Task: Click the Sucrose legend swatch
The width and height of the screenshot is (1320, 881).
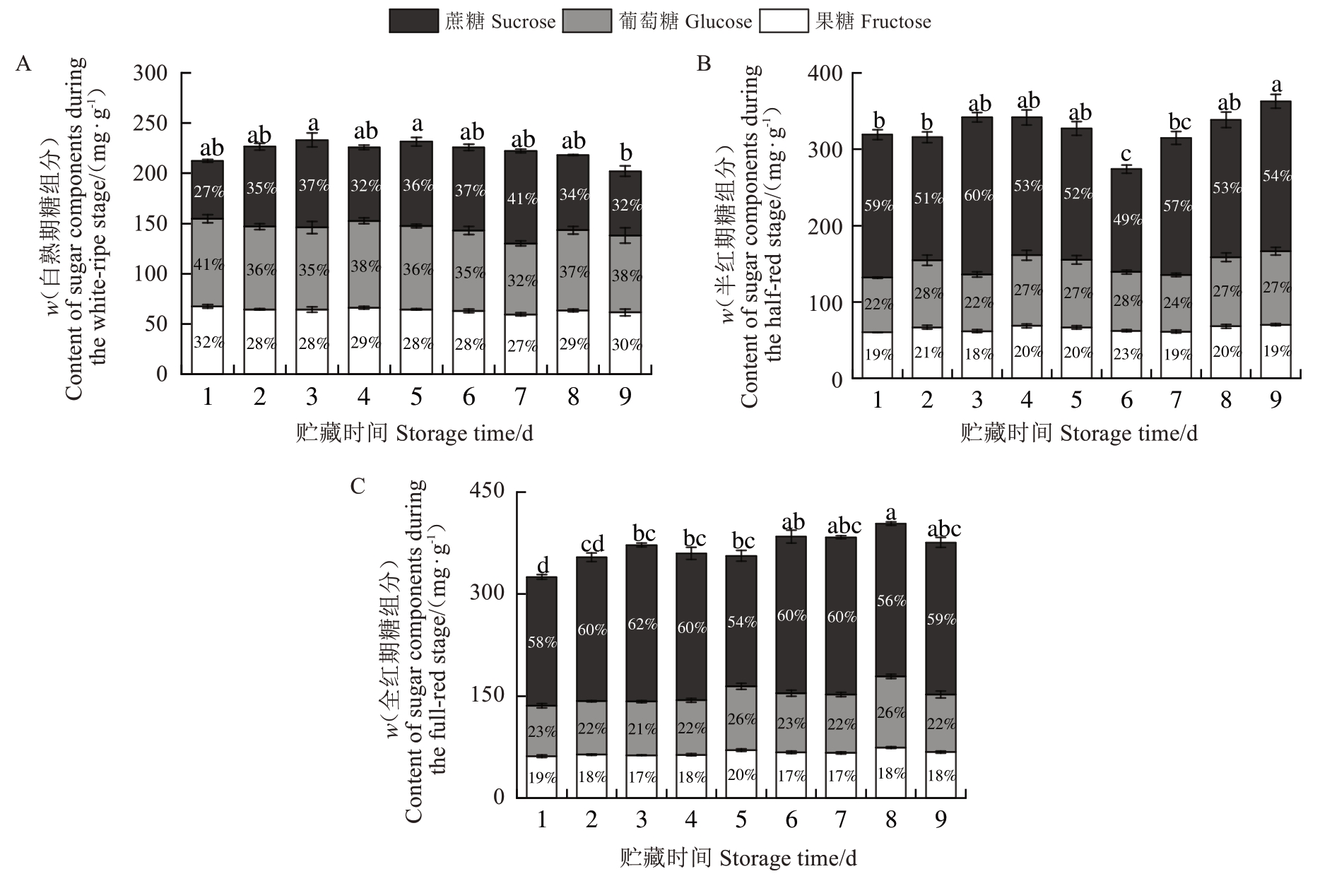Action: (x=413, y=21)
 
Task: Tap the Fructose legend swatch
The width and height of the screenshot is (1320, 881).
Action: (x=784, y=21)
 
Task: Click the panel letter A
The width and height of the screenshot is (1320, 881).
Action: (x=23, y=64)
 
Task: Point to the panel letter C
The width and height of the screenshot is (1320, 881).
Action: (x=358, y=487)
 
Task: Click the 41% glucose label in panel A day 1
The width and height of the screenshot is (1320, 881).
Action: (x=208, y=265)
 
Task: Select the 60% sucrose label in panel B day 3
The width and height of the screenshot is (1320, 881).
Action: (x=978, y=195)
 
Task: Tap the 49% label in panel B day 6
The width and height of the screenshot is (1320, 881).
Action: (x=1127, y=219)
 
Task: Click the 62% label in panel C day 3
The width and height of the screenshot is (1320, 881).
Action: (x=642, y=625)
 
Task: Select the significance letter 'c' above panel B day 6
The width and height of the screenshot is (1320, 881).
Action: (x=1126, y=154)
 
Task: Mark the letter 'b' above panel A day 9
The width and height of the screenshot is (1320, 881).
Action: (x=625, y=153)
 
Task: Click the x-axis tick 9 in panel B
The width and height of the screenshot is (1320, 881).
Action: (x=1275, y=401)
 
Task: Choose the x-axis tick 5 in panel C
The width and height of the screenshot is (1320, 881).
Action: (x=741, y=820)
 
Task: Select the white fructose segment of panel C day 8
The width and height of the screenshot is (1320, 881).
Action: (x=890, y=772)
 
